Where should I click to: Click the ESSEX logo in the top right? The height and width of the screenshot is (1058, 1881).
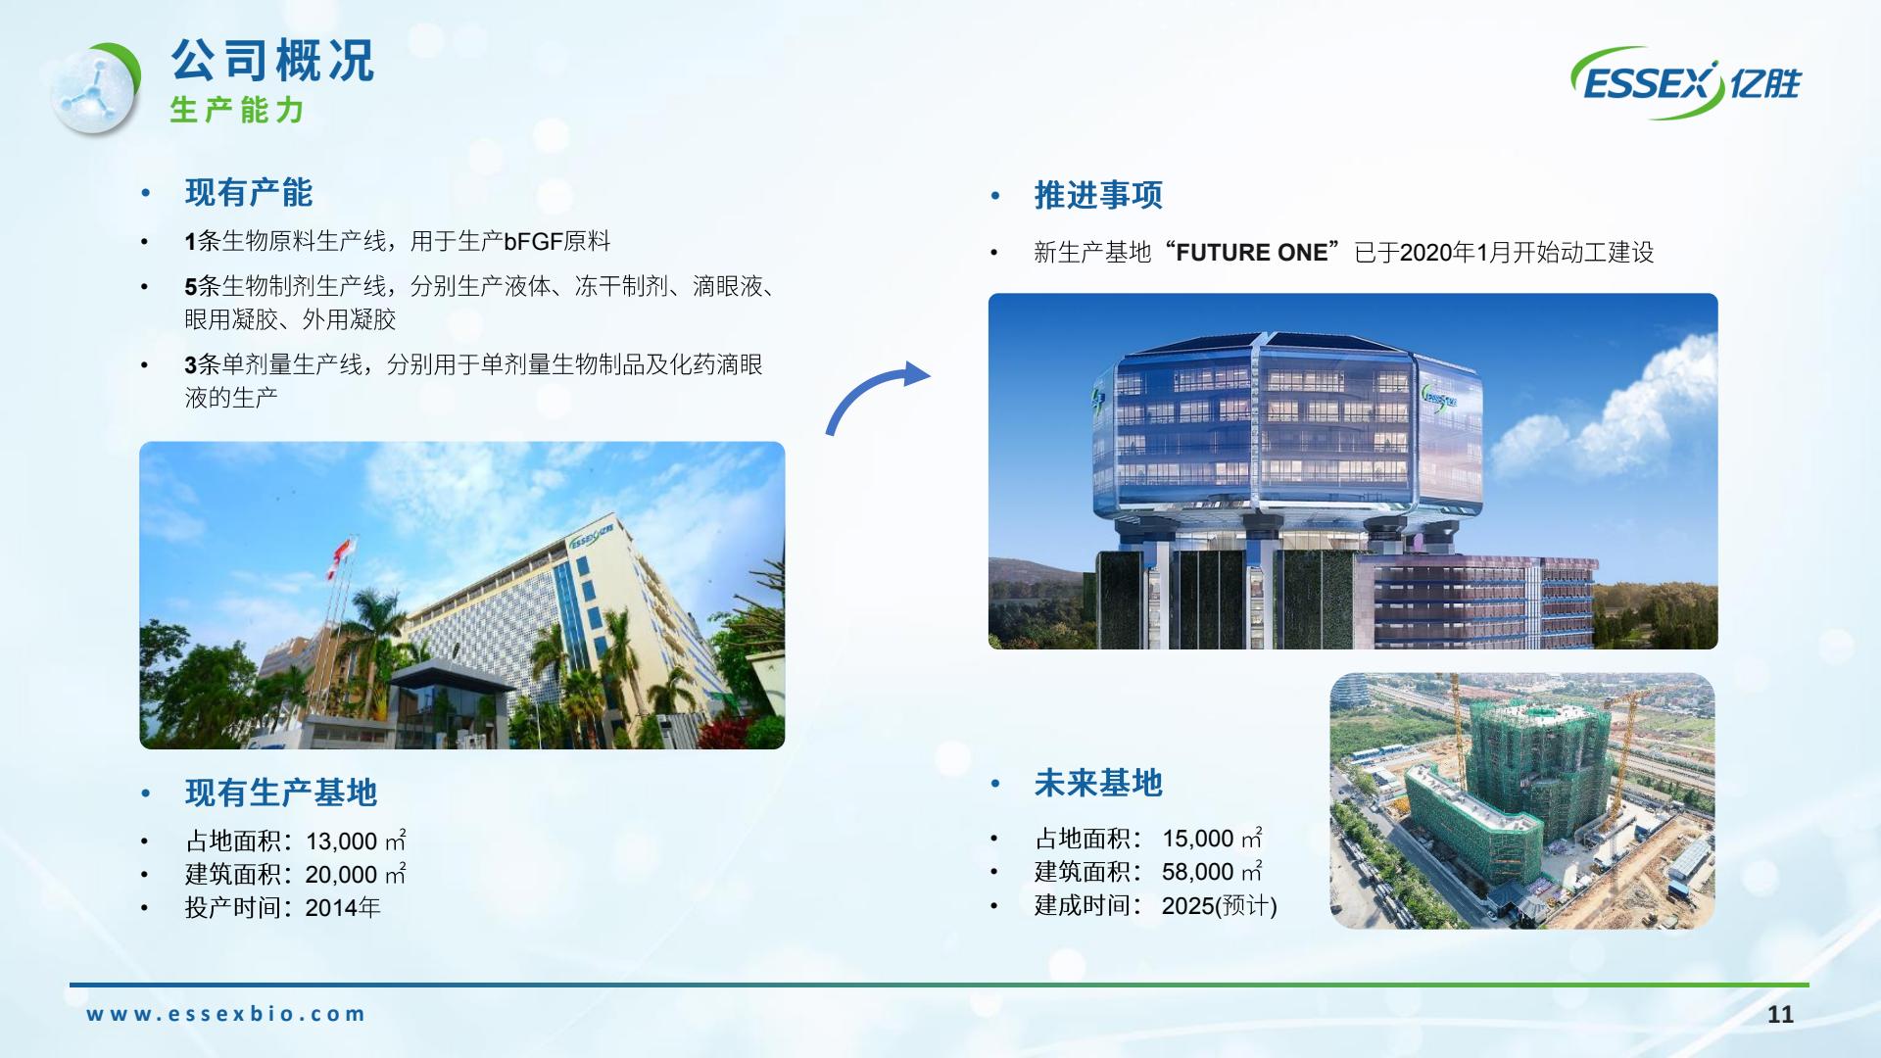point(1686,83)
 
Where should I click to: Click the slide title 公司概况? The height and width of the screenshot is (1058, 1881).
point(273,60)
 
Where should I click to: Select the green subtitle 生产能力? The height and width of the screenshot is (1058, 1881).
point(237,110)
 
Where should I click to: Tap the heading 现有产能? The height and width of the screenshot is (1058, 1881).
point(249,192)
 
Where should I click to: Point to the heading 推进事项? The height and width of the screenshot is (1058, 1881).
point(1098,195)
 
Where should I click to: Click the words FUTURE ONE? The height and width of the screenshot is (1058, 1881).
point(1252,253)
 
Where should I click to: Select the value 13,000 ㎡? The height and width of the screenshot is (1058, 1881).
point(356,841)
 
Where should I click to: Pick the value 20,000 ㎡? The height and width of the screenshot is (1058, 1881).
point(356,874)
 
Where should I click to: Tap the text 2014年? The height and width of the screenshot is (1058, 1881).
point(343,907)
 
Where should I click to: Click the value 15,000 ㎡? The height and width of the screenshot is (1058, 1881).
point(1212,839)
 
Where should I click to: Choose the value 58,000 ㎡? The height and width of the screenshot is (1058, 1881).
point(1212,872)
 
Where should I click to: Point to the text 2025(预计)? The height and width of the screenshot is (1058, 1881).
point(1220,905)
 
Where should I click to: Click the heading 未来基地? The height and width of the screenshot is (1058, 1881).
point(1098,783)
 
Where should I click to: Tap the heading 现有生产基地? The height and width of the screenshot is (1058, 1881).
point(281,793)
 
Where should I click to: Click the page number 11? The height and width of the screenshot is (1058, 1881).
point(1780,1014)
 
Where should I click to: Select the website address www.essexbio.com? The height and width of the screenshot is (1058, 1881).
point(225,1014)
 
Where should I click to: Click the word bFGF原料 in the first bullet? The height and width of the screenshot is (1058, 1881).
point(557,241)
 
